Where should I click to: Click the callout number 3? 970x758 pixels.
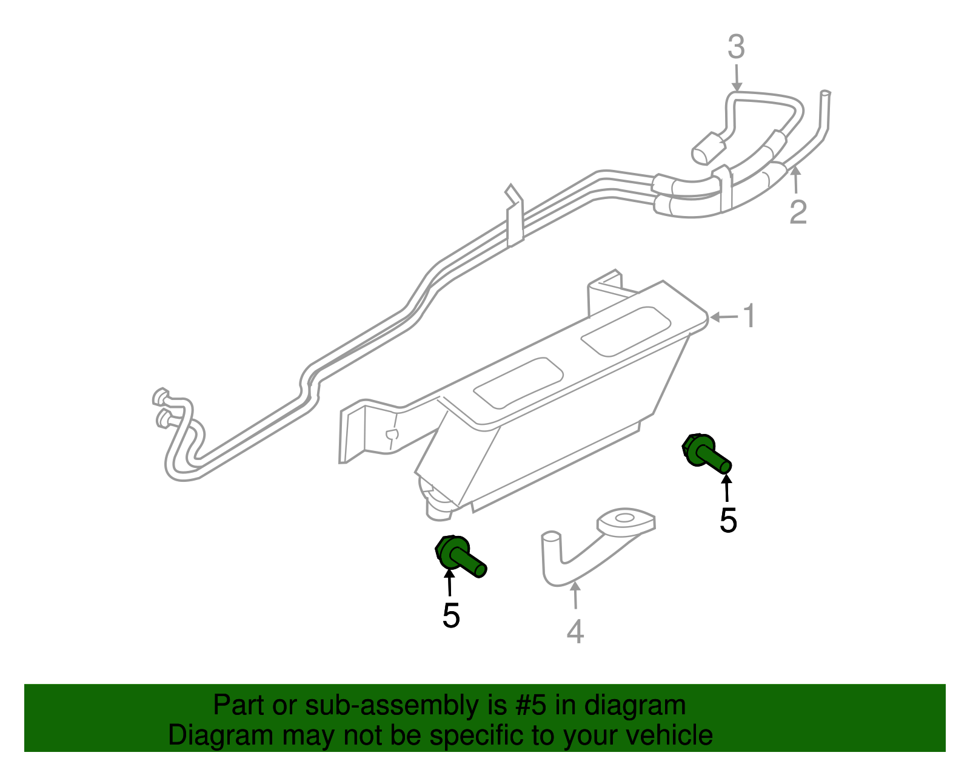(736, 47)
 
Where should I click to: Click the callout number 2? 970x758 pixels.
(798, 212)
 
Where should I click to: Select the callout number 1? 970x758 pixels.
(750, 316)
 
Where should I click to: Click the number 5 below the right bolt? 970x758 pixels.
(728, 521)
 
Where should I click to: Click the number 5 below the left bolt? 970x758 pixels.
(451, 616)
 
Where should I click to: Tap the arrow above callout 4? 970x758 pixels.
(575, 595)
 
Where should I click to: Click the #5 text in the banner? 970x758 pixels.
(531, 706)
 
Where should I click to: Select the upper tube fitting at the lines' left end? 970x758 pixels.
(161, 398)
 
